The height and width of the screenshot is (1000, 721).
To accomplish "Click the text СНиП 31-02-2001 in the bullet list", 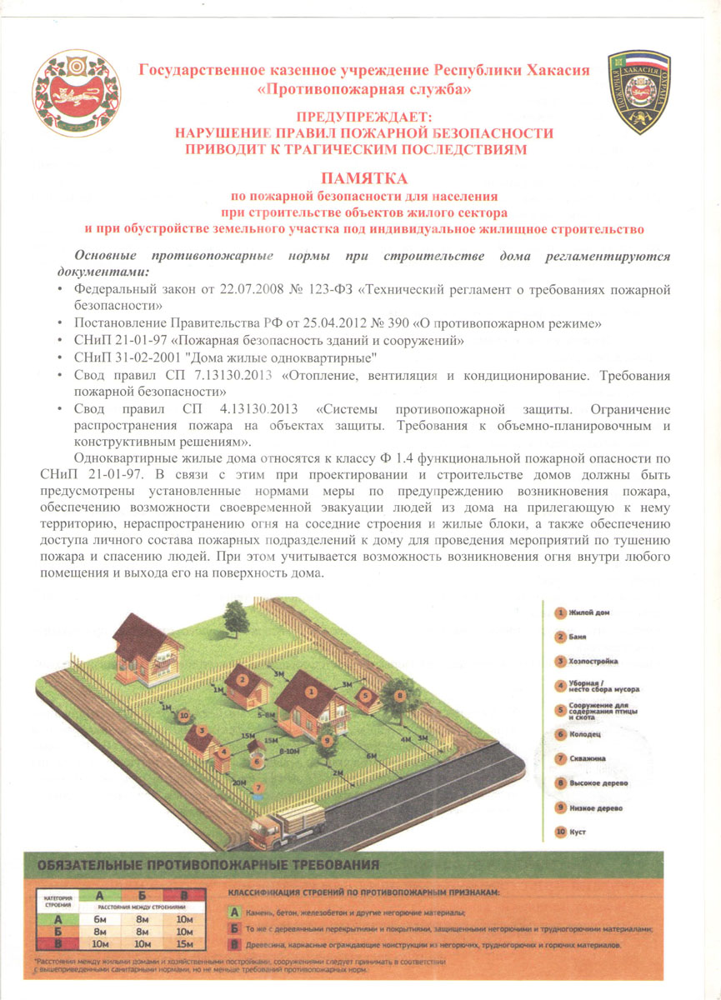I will coord(125,357).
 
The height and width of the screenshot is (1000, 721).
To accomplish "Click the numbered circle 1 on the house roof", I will coord(311,691).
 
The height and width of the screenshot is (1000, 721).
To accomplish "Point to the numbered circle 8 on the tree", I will coord(400,695).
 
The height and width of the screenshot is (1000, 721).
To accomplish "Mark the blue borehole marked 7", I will coord(259,787).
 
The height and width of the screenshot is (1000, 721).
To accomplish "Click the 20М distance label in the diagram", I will coord(239,783).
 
